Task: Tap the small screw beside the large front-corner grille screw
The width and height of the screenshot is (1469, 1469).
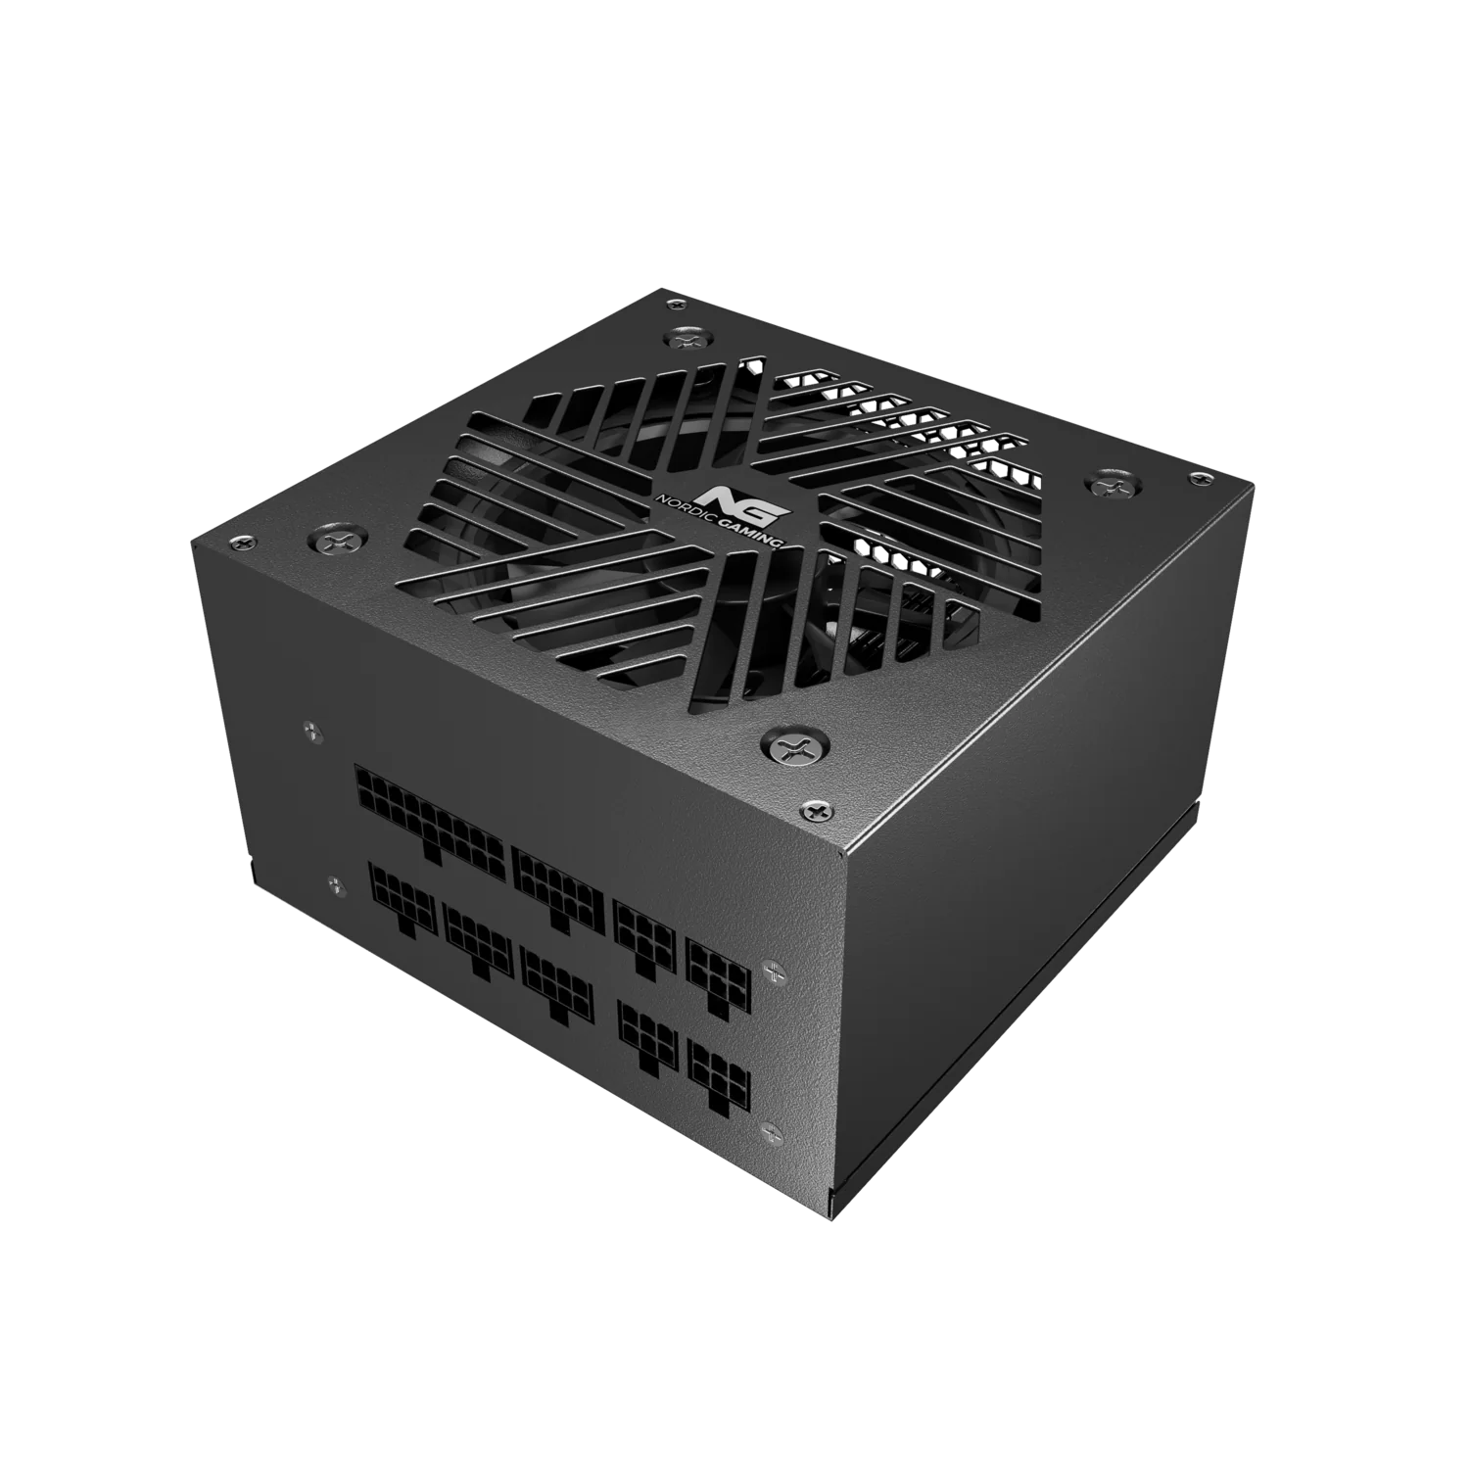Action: coord(812,809)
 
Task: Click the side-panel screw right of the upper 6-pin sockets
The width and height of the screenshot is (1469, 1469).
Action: coord(774,970)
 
